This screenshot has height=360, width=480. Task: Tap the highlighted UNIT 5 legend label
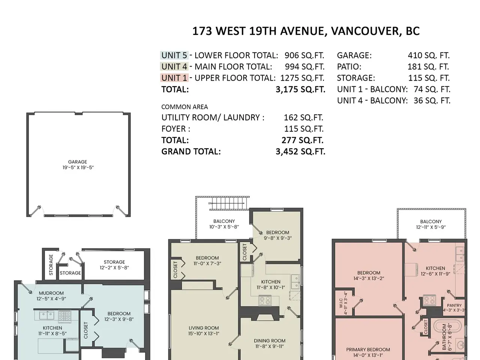(174, 55)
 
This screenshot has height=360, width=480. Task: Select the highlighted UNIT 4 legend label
(174, 67)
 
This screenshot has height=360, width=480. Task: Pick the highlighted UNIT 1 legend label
(174, 78)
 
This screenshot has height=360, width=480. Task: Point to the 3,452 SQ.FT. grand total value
(300, 151)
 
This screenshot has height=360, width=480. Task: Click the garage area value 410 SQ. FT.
(429, 55)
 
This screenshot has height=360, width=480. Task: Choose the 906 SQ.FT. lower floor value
(304, 55)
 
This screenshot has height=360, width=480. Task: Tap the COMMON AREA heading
(184, 107)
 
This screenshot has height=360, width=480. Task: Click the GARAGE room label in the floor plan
(78, 162)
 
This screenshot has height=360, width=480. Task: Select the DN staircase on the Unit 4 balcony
(227, 203)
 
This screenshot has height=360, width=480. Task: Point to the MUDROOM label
(51, 293)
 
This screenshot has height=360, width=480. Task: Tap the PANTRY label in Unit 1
(454, 305)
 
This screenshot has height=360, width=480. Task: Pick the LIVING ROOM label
(204, 328)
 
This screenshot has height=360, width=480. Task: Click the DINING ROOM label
(270, 340)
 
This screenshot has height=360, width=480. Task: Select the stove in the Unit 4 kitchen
(265, 300)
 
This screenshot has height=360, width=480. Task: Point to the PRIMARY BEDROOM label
(368, 350)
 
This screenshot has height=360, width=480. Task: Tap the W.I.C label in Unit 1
(341, 303)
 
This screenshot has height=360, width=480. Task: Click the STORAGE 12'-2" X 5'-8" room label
(114, 265)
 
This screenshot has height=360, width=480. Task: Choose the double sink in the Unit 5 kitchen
(46, 315)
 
